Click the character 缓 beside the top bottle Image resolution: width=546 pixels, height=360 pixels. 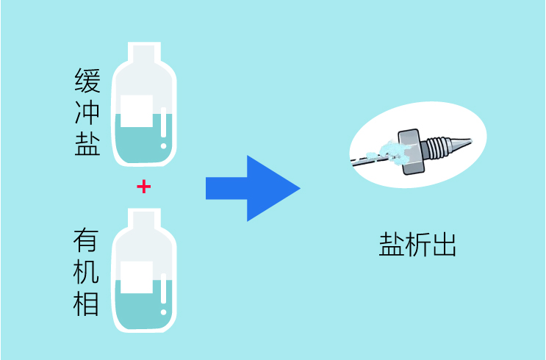tap(87, 79)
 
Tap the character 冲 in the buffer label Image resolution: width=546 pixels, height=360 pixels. tap(87, 112)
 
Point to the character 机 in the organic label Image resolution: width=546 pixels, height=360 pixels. tap(87, 273)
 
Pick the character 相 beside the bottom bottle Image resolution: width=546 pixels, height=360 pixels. tap(87, 304)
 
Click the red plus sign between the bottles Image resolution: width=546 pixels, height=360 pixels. tap(144, 187)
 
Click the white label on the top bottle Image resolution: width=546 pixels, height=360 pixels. tap(137, 111)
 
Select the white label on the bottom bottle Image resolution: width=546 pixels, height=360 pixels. tap(137, 277)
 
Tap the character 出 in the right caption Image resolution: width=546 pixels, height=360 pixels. tap(444, 244)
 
